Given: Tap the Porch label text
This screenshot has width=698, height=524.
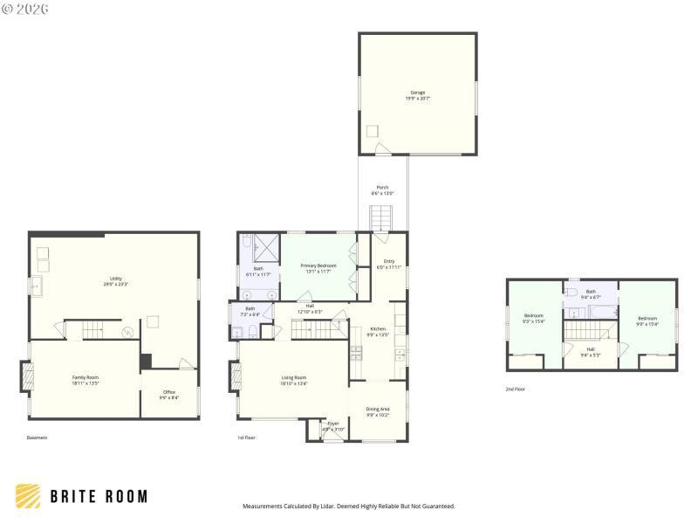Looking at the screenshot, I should pyautogui.click(x=382, y=188).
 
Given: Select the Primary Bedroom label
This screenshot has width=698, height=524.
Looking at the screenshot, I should pyautogui.click(x=318, y=265).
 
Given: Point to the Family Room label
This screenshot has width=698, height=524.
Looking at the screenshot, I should pyautogui.click(x=86, y=377).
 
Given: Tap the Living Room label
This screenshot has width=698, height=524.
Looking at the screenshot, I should pyautogui.click(x=293, y=377).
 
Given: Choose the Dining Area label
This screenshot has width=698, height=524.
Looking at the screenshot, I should pyautogui.click(x=378, y=409).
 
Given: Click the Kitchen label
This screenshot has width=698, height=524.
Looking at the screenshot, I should pyautogui.click(x=378, y=328).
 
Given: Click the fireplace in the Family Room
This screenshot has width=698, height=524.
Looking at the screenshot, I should pyautogui.click(x=27, y=377).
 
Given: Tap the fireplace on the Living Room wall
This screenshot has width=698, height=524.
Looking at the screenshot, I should pyautogui.click(x=236, y=377).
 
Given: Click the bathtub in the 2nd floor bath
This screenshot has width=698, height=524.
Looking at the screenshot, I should pyautogui.click(x=602, y=310).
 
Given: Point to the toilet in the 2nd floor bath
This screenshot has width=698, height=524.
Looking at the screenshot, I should pyautogui.click(x=572, y=285).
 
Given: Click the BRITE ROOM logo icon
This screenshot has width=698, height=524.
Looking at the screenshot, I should pyautogui.click(x=28, y=496).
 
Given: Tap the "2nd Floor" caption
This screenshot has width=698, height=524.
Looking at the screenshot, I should pyautogui.click(x=516, y=389).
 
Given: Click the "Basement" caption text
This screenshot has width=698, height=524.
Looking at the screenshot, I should pyautogui.click(x=37, y=437).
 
